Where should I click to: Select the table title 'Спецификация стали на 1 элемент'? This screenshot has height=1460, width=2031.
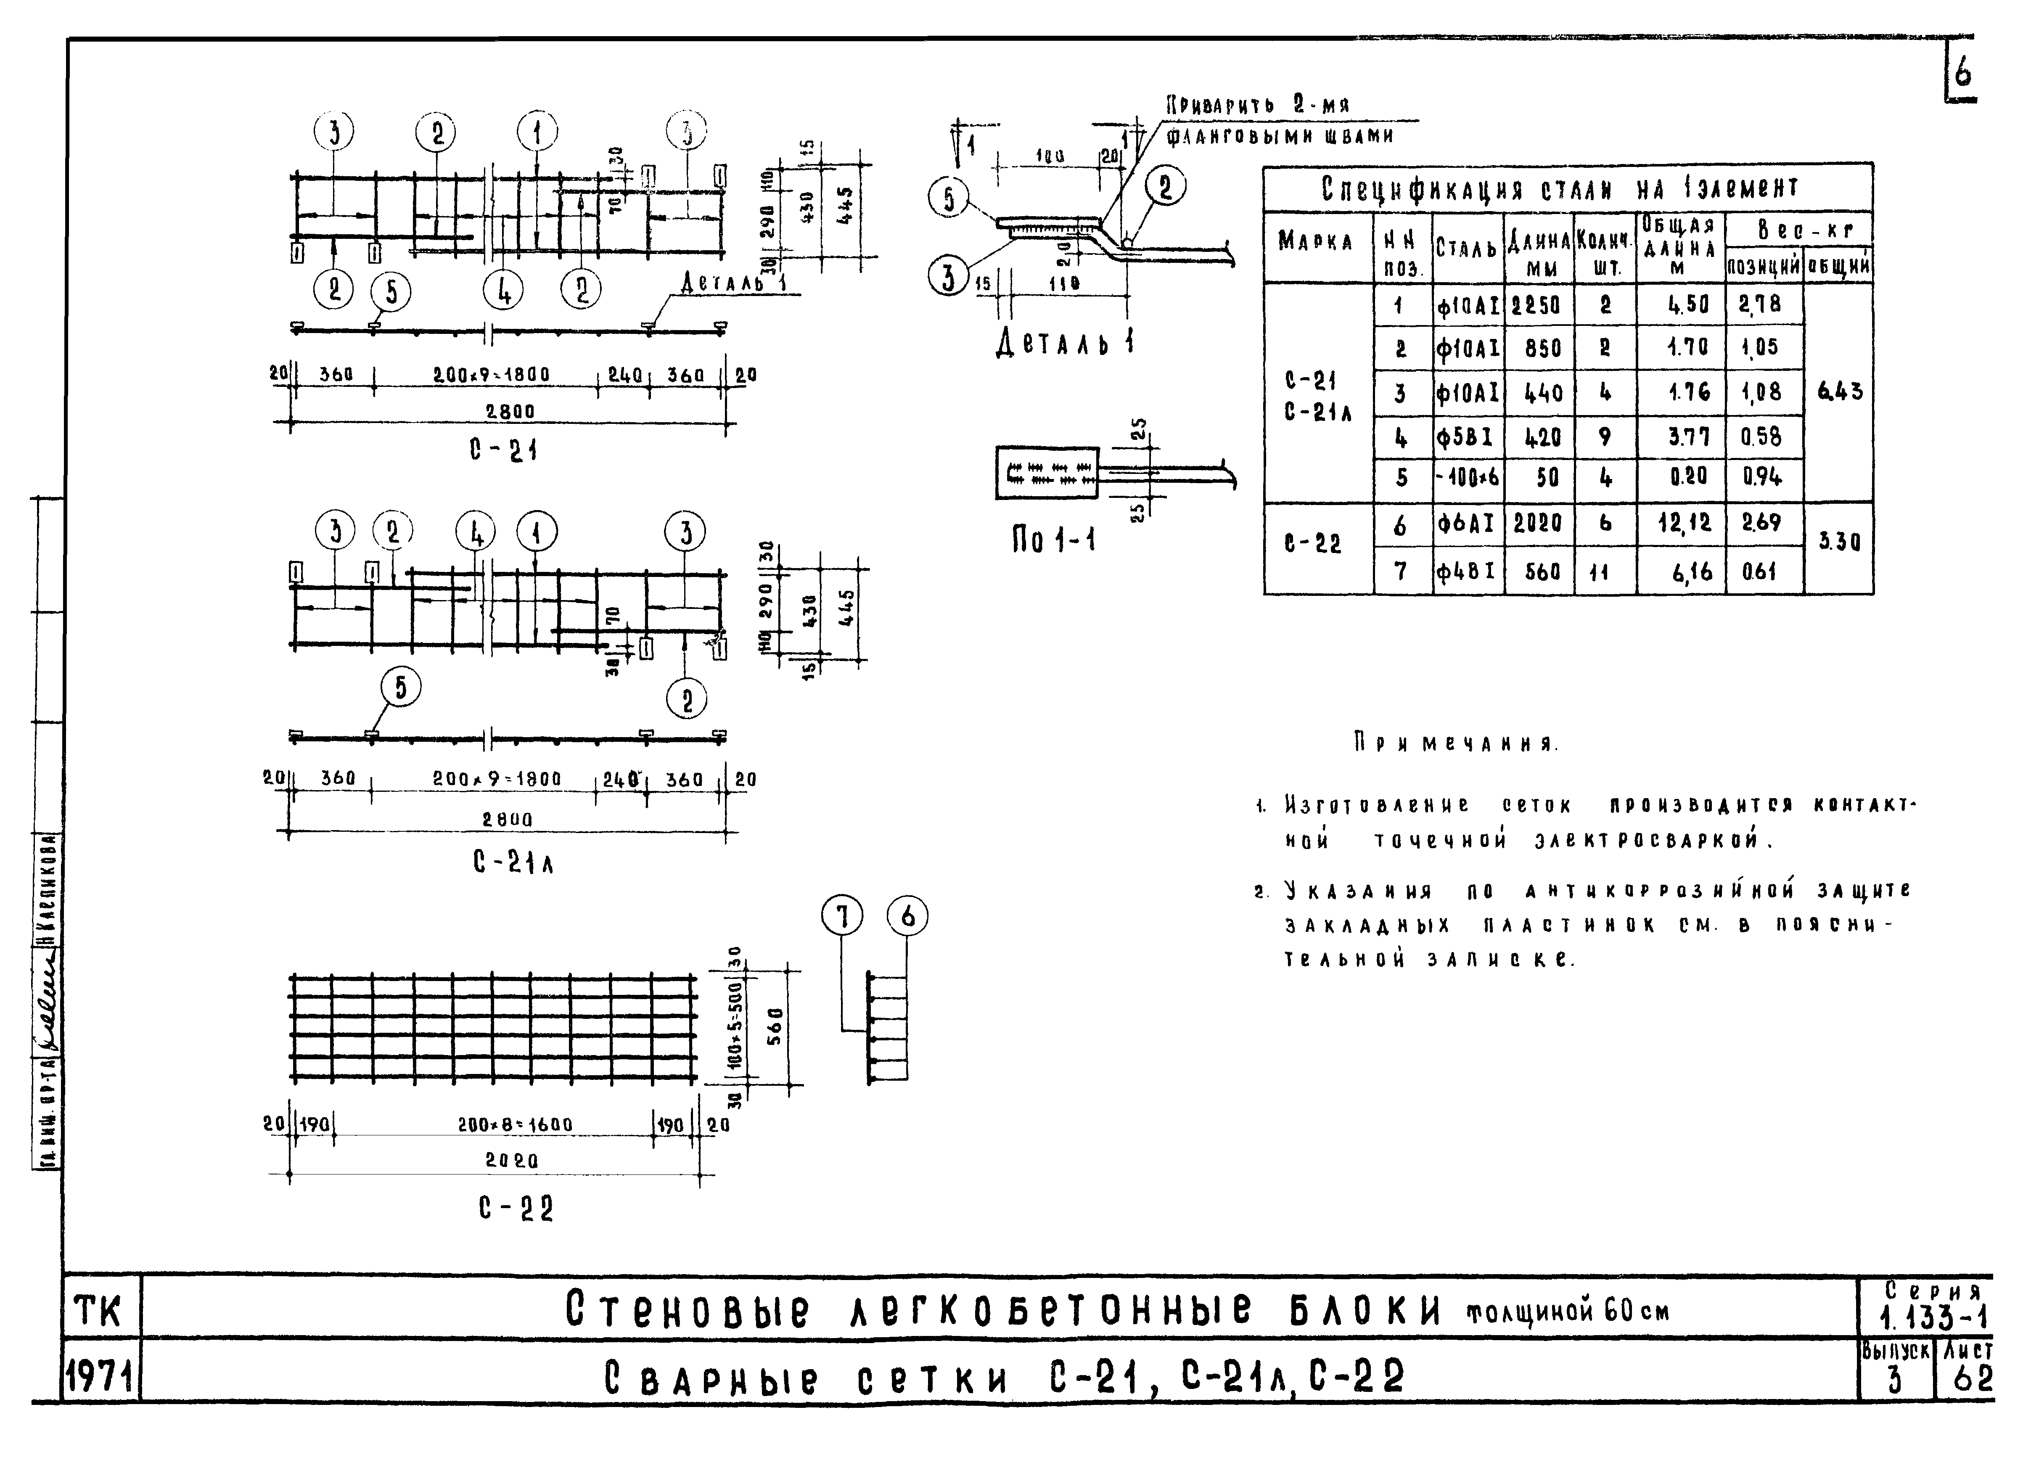pyautogui.click(x=1560, y=188)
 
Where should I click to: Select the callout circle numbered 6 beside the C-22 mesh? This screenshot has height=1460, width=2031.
pyautogui.click(x=907, y=916)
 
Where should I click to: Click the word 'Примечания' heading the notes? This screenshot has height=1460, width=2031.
pyautogui.click(x=1455, y=743)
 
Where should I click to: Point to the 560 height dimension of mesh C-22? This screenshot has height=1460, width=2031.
pyautogui.click(x=775, y=1026)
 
